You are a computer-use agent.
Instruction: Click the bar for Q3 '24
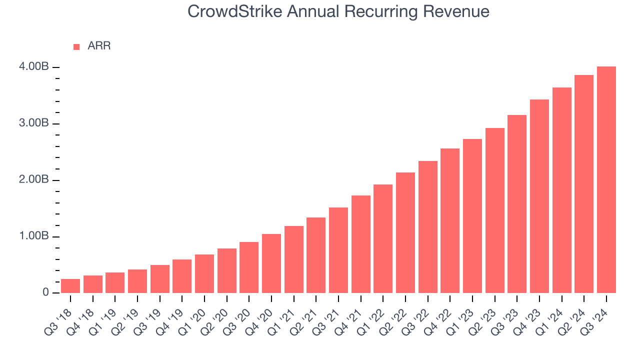[606, 180]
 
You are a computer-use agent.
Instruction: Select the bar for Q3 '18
[70, 286]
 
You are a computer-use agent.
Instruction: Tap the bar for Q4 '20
[271, 263]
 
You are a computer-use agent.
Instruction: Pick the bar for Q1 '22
[383, 239]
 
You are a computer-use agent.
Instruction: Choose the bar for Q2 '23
[494, 210]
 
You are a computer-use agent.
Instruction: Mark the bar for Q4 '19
[182, 276]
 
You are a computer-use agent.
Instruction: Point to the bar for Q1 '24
[561, 190]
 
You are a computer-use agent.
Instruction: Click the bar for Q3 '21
[338, 250]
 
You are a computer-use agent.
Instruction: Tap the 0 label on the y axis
[45, 292]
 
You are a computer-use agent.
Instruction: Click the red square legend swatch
[76, 46]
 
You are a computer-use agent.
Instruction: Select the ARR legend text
[99, 46]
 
